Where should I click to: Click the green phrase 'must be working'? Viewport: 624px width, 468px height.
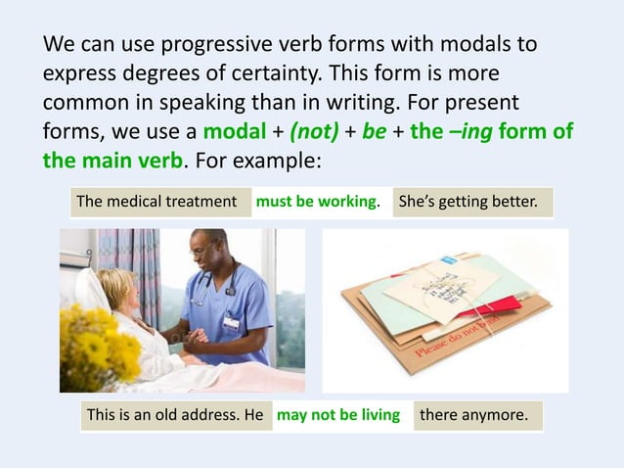tap(316, 203)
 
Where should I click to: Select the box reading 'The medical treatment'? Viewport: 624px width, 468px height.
tap(160, 203)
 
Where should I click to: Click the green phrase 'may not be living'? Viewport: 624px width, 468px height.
tap(339, 415)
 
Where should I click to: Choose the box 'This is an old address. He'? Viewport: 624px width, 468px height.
tap(175, 415)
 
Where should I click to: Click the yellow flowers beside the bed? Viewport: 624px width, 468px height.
tap(98, 343)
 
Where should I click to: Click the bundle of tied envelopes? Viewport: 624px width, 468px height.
tap(445, 304)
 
